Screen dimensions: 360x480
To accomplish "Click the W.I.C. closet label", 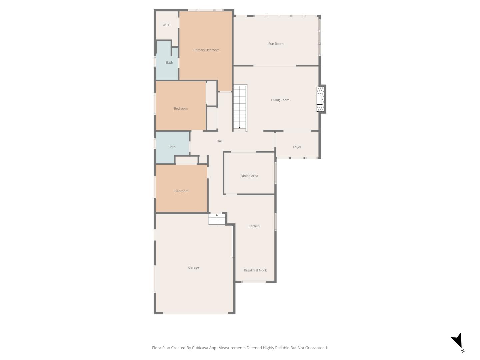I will click(167, 25).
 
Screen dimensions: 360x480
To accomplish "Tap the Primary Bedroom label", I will click(206, 50).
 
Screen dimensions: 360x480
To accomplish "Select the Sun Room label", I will click(276, 44).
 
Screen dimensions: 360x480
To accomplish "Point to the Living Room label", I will click(280, 100).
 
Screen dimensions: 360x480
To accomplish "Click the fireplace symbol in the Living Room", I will click(320, 99).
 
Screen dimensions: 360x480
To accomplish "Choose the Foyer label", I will click(297, 147).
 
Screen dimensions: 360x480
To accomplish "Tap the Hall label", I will click(219, 141).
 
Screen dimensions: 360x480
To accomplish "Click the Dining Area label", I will click(249, 176).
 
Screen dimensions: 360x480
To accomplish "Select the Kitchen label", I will click(254, 226).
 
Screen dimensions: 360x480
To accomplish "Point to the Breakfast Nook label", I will click(255, 270).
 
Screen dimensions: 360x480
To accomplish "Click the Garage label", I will click(193, 267).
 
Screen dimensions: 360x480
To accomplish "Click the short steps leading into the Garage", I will click(217, 219).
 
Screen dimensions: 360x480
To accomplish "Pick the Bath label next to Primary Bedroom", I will click(169, 63).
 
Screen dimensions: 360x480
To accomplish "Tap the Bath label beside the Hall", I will click(172, 147).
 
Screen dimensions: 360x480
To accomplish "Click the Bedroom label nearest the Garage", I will click(181, 191).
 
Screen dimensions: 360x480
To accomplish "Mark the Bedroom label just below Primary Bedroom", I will click(181, 109).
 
